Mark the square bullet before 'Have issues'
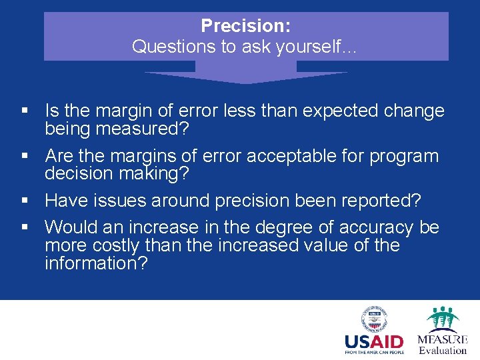[25, 201]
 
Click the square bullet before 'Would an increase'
[25, 228]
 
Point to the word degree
[294, 227]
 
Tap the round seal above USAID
[374, 319]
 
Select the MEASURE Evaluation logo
[442, 330]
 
